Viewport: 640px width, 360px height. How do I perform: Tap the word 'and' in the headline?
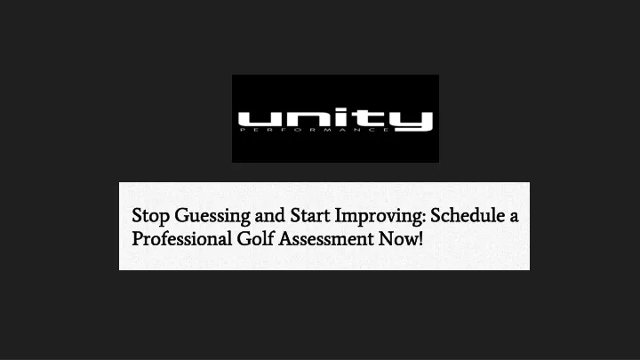pyautogui.click(x=270, y=215)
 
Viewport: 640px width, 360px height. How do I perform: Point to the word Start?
pyautogui.click(x=310, y=215)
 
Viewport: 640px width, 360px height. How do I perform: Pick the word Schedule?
pyautogui.click(x=468, y=215)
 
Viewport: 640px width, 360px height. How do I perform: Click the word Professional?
pyautogui.click(x=182, y=239)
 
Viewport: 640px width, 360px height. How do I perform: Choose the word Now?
pyautogui.click(x=397, y=239)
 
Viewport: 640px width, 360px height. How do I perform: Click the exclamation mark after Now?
pyautogui.click(x=420, y=239)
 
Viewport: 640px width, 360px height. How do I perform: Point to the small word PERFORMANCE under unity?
pyautogui.click(x=315, y=130)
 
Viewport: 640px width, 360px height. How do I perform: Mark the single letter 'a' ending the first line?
pyautogui.click(x=514, y=218)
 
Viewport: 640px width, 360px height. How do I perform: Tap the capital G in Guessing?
pyautogui.click(x=182, y=215)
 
